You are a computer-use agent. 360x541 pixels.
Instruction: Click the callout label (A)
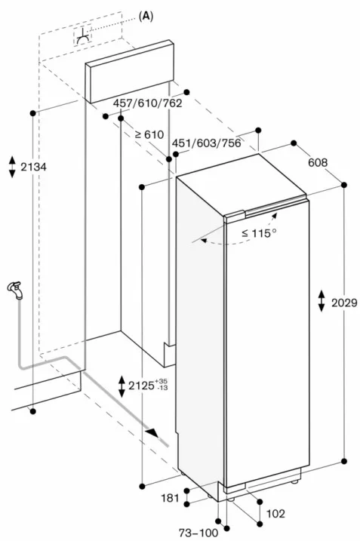pyautogui.click(x=146, y=16)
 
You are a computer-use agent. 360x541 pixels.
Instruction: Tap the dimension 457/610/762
pyautogui.click(x=148, y=103)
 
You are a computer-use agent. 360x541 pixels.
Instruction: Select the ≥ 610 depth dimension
pyautogui.click(x=149, y=134)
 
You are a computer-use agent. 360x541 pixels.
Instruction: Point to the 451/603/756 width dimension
pyautogui.click(x=206, y=143)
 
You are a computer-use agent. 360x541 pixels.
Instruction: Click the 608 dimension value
pyautogui.click(x=318, y=162)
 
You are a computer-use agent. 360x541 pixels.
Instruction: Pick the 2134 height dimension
pyautogui.click(x=33, y=167)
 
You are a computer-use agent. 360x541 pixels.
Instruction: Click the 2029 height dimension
pyautogui.click(x=344, y=303)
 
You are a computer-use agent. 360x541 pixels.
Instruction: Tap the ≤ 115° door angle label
pyautogui.click(x=259, y=233)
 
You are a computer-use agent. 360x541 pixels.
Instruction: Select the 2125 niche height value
pyautogui.click(x=141, y=386)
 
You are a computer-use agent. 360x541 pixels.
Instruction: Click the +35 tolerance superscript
pyautogui.click(x=162, y=381)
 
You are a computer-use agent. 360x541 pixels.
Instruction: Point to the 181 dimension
pyautogui.click(x=171, y=498)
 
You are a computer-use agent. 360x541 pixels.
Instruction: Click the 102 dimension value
pyautogui.click(x=275, y=514)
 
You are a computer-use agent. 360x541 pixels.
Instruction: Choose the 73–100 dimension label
pyautogui.click(x=198, y=533)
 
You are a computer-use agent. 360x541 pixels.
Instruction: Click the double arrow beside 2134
pyautogui.click(x=12, y=167)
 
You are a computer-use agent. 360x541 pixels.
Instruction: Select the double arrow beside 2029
pyautogui.click(x=322, y=301)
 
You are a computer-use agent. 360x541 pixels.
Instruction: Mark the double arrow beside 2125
pyautogui.click(x=122, y=386)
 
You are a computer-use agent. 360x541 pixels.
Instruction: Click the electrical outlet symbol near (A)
pyautogui.click(x=83, y=36)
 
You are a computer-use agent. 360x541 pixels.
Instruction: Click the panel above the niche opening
pyautogui.click(x=130, y=72)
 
